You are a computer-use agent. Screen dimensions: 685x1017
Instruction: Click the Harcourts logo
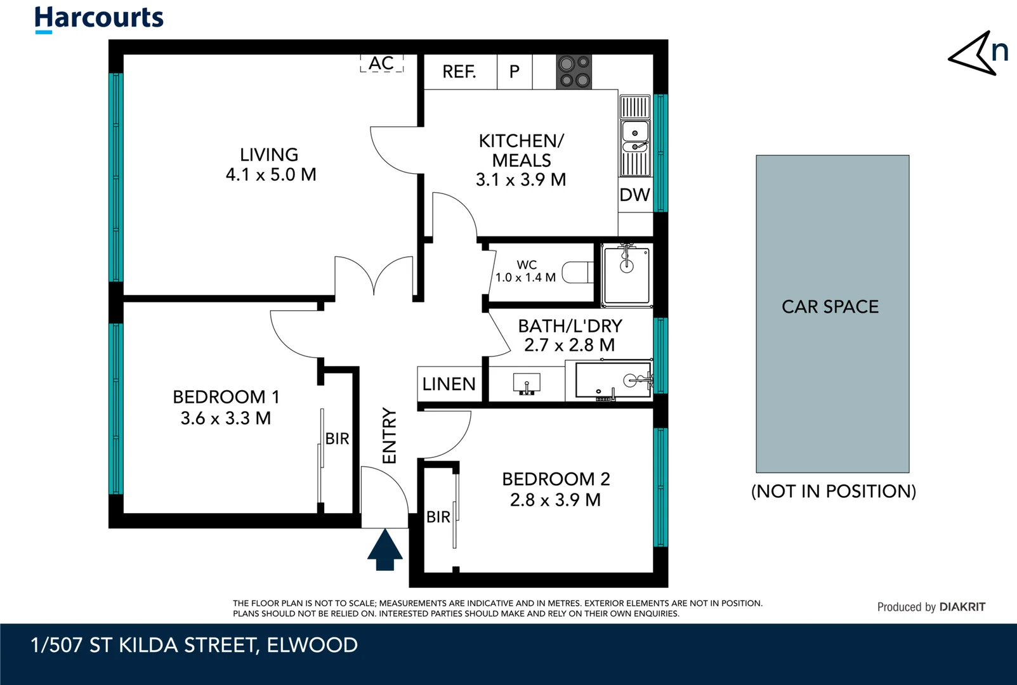coord(99,18)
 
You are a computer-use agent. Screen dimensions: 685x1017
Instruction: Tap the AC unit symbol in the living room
coord(381,63)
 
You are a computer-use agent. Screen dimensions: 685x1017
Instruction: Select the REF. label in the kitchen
coord(459,72)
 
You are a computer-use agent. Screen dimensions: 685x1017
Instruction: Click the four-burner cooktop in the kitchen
coord(574,72)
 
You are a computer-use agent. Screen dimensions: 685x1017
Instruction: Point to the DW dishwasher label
coord(634,195)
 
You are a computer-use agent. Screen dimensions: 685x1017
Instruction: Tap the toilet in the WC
coord(577,272)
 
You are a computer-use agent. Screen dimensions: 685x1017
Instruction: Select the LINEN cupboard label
coord(449,384)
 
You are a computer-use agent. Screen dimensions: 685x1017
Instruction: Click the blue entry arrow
coord(384,550)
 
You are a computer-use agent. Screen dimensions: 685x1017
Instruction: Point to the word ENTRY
coord(389,436)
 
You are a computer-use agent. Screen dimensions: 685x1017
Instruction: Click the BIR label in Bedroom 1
coord(337,438)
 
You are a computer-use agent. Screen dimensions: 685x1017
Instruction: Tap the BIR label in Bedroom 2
coord(438,517)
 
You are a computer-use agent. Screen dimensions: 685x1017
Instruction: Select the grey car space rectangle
coord(832,314)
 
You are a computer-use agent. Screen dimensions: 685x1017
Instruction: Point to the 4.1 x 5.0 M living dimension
coord(271,174)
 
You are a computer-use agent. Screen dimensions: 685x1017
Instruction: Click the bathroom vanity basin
coord(526,383)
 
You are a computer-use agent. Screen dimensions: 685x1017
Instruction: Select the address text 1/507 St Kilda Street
coord(194,645)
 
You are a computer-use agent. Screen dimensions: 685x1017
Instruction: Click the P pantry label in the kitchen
coord(515,72)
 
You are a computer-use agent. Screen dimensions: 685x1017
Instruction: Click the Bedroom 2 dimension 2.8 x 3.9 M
coord(555,500)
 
